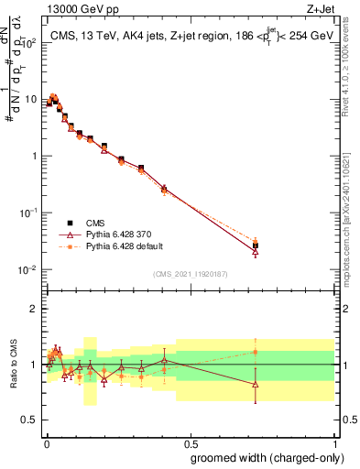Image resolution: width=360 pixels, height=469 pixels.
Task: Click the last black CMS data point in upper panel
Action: [x=256, y=245]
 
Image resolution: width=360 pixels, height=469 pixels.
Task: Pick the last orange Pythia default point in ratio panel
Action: [x=256, y=352]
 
